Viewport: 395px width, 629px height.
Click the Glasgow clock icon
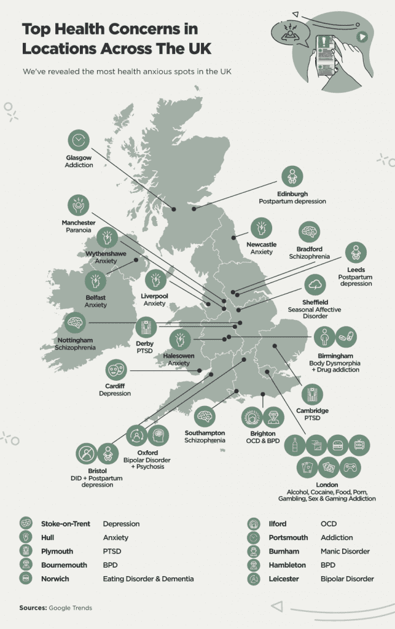coord(78,141)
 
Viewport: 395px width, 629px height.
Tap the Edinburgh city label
coord(292,193)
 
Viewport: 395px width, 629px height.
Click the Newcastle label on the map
coord(261,244)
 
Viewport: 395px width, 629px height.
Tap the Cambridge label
coord(312,410)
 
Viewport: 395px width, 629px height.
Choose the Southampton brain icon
coord(205,418)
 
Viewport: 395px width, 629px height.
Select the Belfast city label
coord(95,297)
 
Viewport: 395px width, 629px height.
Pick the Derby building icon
coord(146,327)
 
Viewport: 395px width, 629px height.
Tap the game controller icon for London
coord(350,467)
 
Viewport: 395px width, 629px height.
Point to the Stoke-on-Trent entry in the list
coord(65,524)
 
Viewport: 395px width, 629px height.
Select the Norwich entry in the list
coord(55,579)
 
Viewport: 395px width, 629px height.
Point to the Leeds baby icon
coord(356,252)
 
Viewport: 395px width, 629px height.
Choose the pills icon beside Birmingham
coord(346,337)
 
